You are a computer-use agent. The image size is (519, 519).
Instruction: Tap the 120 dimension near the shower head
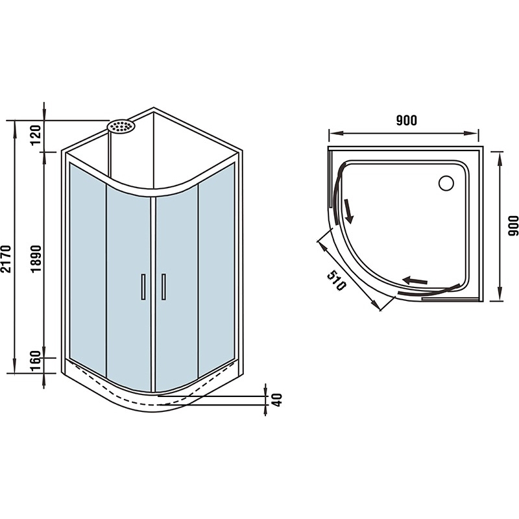coord(36,135)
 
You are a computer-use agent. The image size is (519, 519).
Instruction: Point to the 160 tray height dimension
coord(36,361)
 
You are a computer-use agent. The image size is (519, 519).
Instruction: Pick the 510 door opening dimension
coord(337,280)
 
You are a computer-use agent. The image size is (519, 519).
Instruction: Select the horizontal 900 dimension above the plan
coord(407,120)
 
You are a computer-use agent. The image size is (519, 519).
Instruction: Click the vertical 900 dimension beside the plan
coord(513,226)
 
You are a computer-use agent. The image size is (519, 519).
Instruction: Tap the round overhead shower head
coord(121,126)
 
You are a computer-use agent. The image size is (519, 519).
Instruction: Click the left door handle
coord(143,287)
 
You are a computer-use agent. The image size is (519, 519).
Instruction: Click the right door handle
coord(163,287)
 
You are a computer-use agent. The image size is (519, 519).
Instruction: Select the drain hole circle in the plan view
coord(446,183)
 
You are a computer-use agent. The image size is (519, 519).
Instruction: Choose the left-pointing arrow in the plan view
coord(415,281)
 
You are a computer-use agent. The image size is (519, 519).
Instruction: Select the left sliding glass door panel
coord(128,288)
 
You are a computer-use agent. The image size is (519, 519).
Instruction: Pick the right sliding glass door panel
coord(176,288)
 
